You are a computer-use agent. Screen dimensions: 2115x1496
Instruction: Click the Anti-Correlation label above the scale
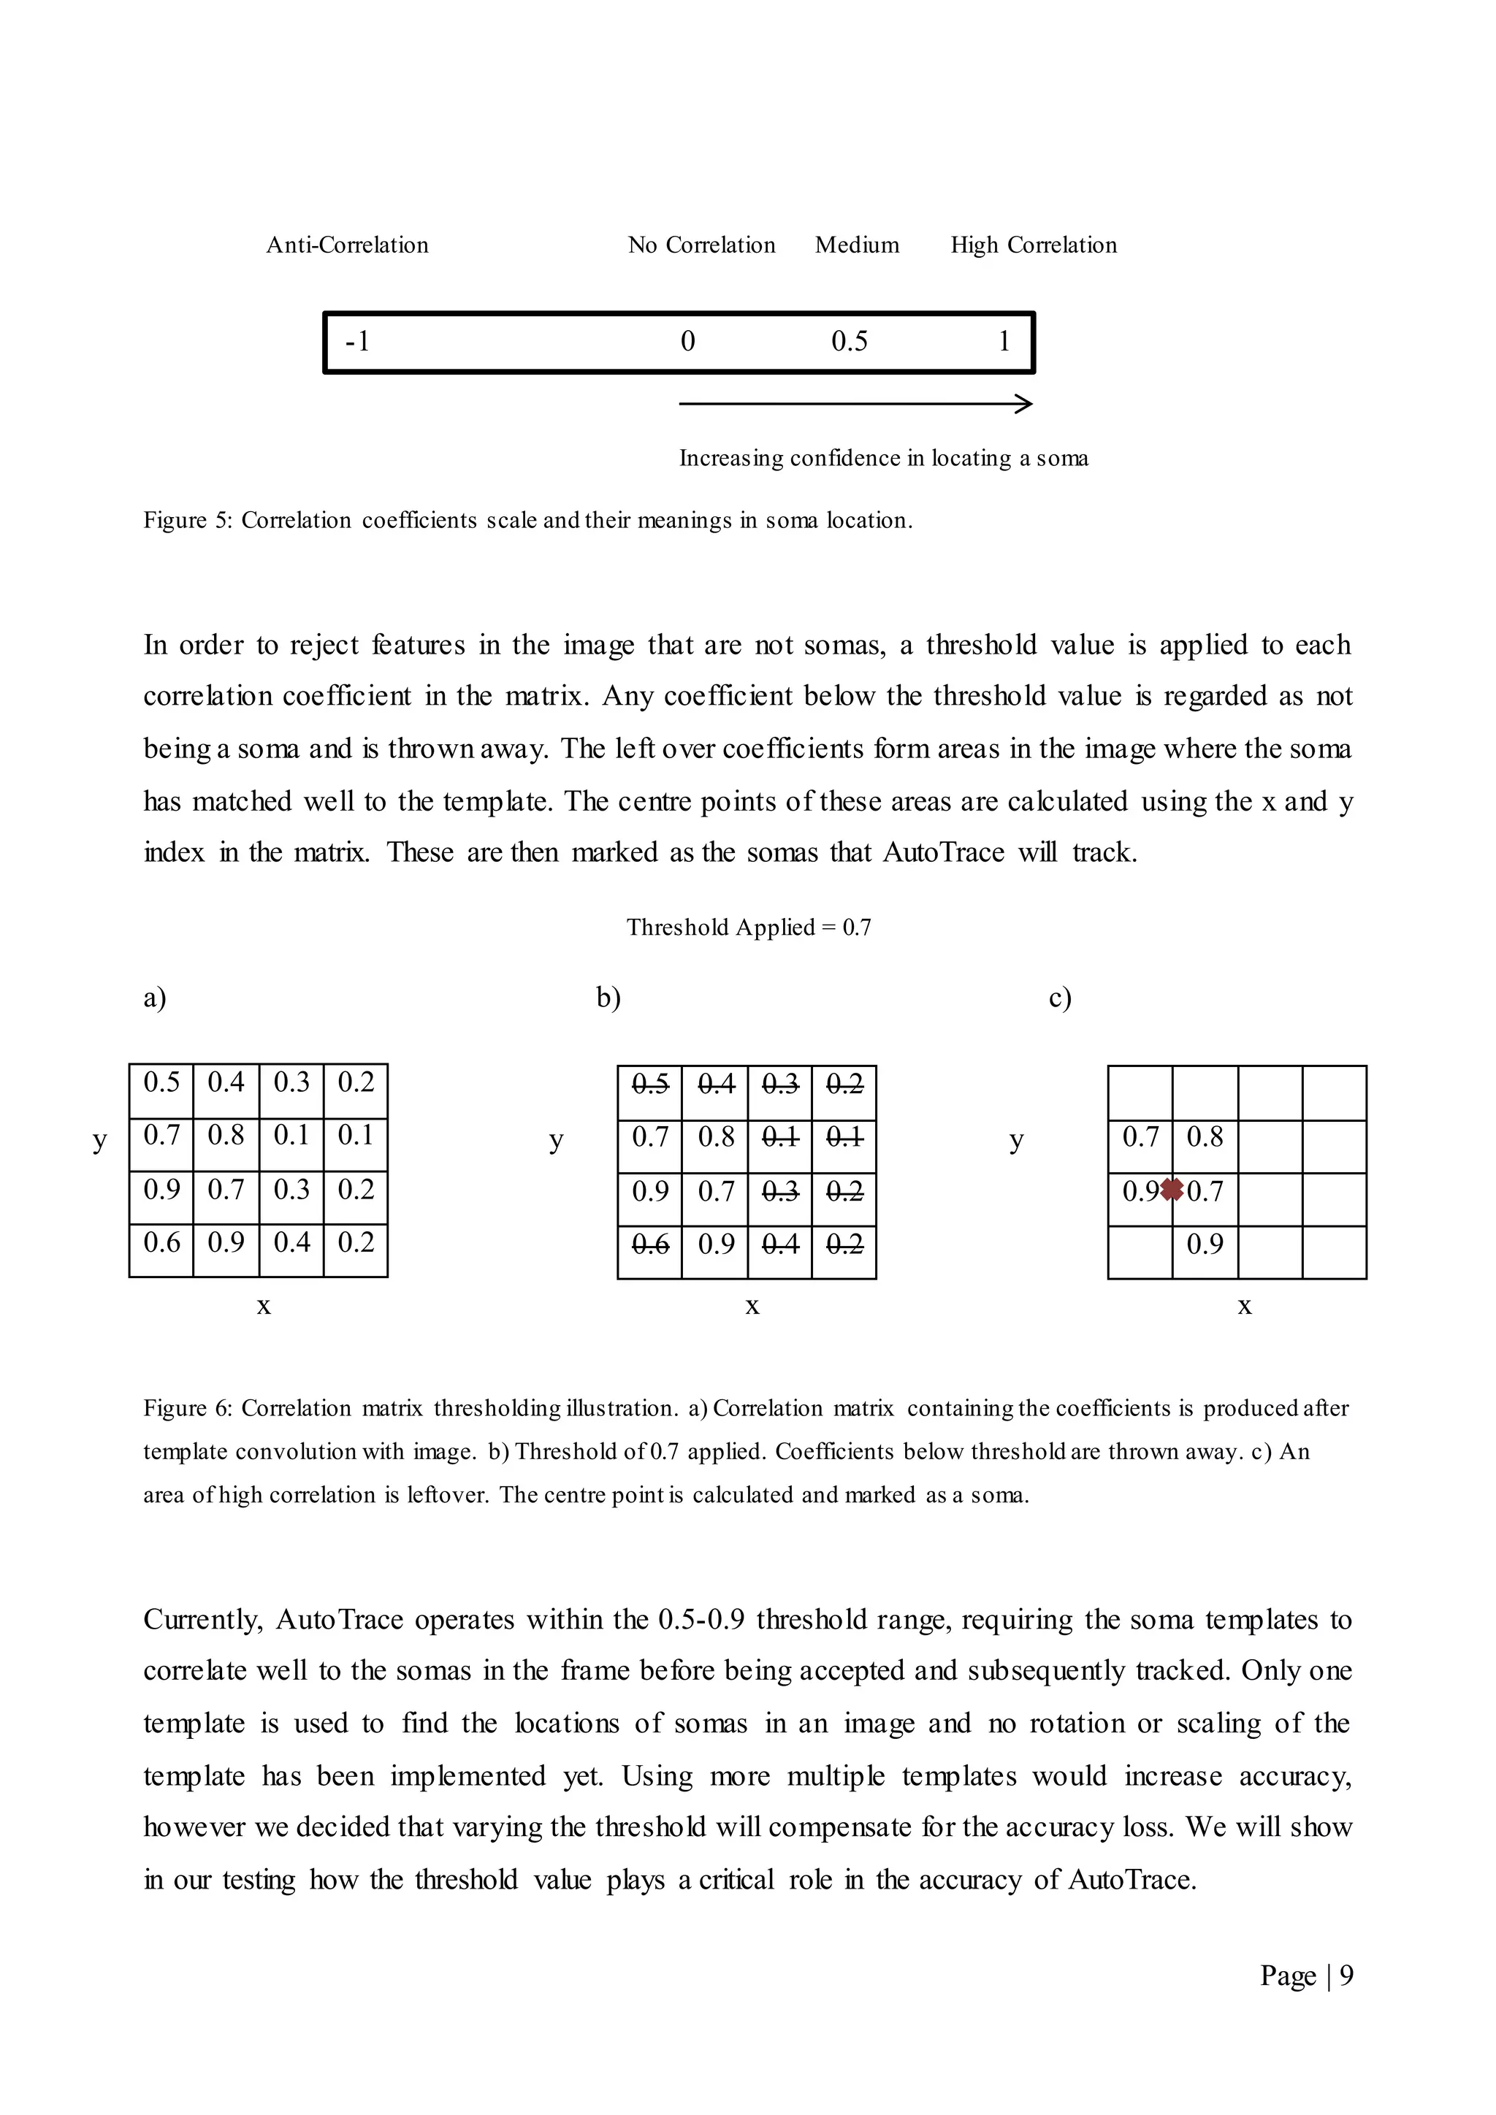click(x=347, y=245)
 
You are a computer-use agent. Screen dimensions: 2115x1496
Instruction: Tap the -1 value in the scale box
click(x=356, y=342)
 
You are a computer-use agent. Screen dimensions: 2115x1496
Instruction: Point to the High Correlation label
click(x=1034, y=245)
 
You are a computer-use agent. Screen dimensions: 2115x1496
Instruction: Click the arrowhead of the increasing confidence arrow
click(x=1024, y=403)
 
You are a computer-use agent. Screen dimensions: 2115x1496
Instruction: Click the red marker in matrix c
click(x=1172, y=1190)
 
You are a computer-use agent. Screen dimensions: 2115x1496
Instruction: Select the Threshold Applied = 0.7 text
click(x=748, y=927)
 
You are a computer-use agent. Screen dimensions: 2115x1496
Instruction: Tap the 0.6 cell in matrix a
click(x=161, y=1243)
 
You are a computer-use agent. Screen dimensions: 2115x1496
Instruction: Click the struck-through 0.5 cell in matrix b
click(x=649, y=1085)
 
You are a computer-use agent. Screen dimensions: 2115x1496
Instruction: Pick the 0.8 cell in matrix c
click(x=1204, y=1136)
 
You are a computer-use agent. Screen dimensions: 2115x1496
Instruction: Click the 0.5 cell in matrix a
click(x=161, y=1082)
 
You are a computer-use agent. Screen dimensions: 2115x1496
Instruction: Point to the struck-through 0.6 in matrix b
click(x=649, y=1244)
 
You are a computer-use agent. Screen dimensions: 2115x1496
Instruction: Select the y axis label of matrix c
click(x=1016, y=1141)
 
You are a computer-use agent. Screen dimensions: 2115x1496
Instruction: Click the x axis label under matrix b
click(x=752, y=1307)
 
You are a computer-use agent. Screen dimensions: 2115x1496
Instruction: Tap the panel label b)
click(x=608, y=998)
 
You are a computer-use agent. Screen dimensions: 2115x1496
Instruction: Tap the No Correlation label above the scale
click(x=701, y=245)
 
